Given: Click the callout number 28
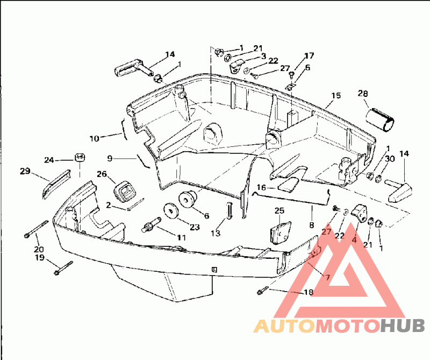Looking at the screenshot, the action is [x=363, y=94].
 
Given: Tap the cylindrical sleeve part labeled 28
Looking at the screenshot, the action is [x=380, y=121].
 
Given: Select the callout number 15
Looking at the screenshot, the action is [x=336, y=96].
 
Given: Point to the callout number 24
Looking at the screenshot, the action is [x=49, y=160].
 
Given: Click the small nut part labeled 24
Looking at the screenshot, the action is [x=80, y=158].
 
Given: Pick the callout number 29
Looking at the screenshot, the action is [x=25, y=171].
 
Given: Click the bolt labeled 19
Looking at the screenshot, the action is [x=63, y=268].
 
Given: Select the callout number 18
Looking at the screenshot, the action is [x=309, y=292].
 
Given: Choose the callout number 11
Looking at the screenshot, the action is [x=181, y=237].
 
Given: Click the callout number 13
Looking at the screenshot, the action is [x=216, y=234].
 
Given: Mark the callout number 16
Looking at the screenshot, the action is [x=261, y=188].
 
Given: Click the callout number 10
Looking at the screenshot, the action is [x=95, y=138].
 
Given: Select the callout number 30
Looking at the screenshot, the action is [x=390, y=159].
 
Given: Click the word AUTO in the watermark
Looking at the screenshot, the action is [x=284, y=326].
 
